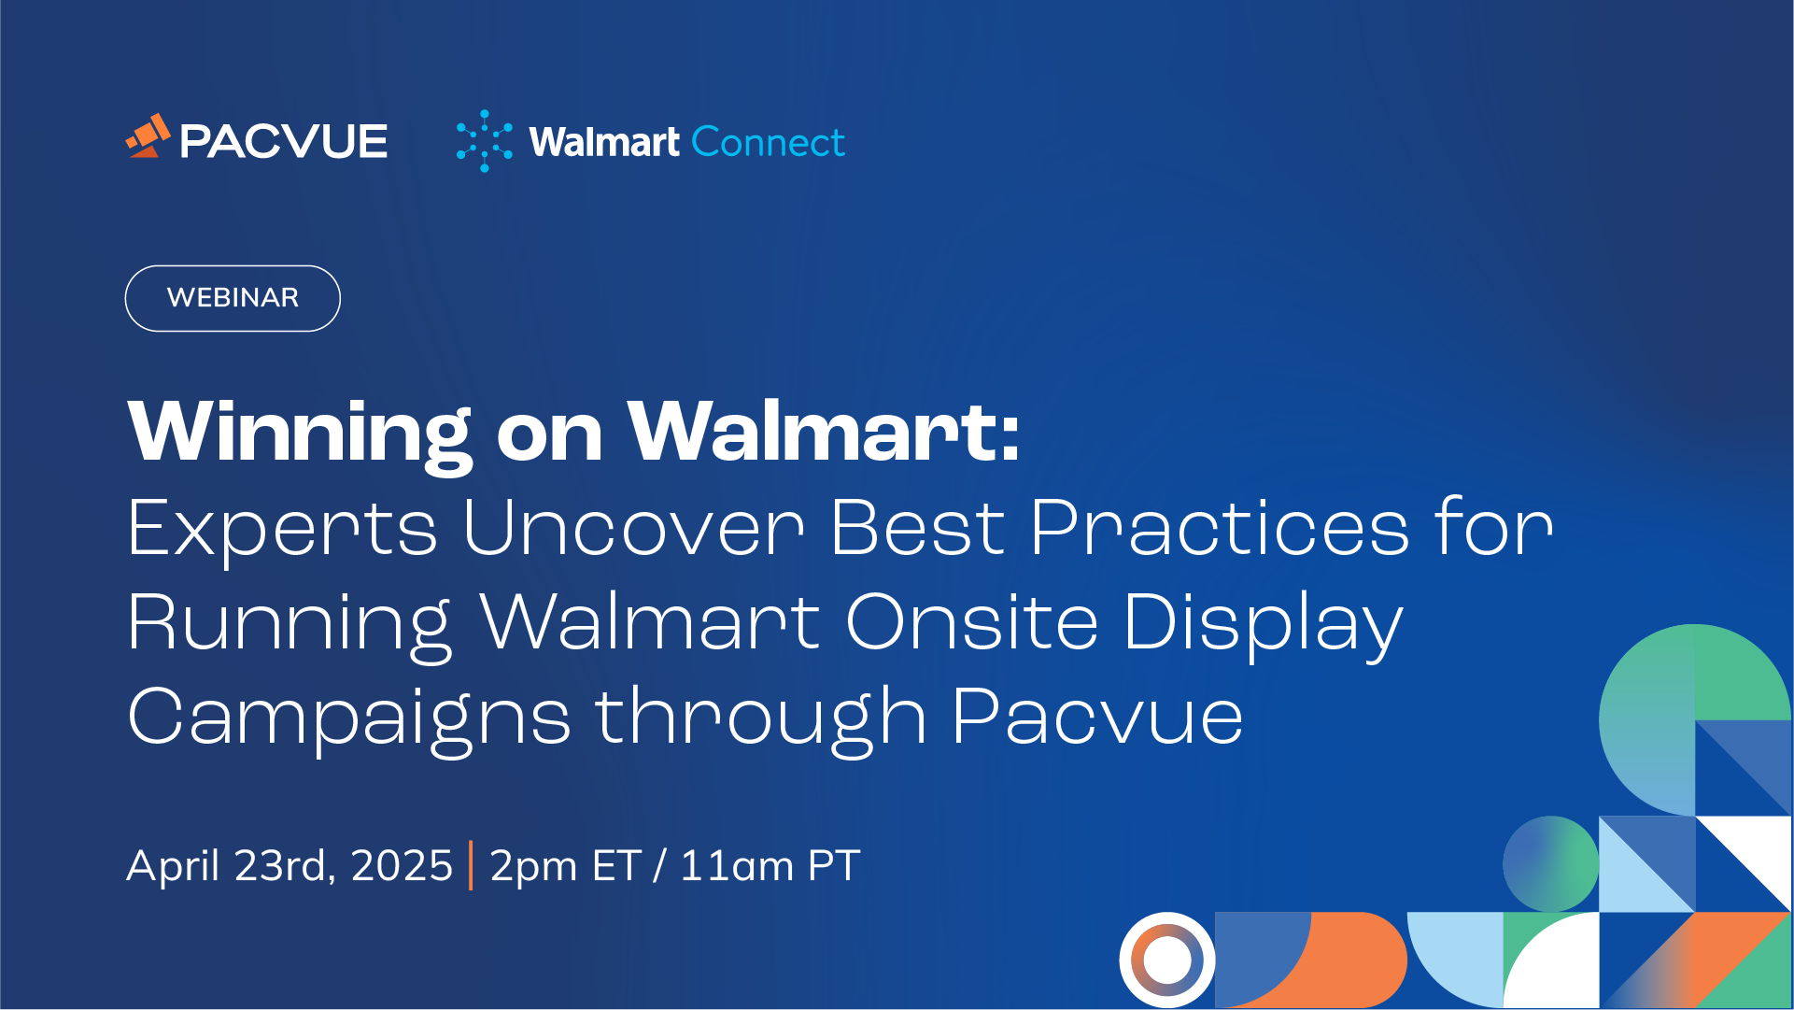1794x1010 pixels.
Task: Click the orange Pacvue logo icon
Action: click(148, 136)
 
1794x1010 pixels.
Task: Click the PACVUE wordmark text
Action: click(284, 142)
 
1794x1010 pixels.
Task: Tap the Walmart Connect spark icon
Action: click(484, 141)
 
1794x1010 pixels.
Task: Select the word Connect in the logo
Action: click(768, 142)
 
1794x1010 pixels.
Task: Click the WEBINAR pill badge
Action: click(233, 298)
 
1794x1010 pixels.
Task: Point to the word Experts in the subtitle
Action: click(282, 531)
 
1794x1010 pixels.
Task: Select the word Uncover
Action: click(633, 528)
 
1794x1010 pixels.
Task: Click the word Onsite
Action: click(971, 622)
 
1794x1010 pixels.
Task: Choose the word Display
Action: click(1264, 625)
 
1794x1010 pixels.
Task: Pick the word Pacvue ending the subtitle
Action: click(1097, 718)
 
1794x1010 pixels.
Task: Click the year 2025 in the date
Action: click(402, 865)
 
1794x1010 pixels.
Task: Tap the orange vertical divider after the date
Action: click(471, 865)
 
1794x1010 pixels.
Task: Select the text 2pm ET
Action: click(565, 867)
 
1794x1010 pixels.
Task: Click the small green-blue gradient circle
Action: click(1550, 864)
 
